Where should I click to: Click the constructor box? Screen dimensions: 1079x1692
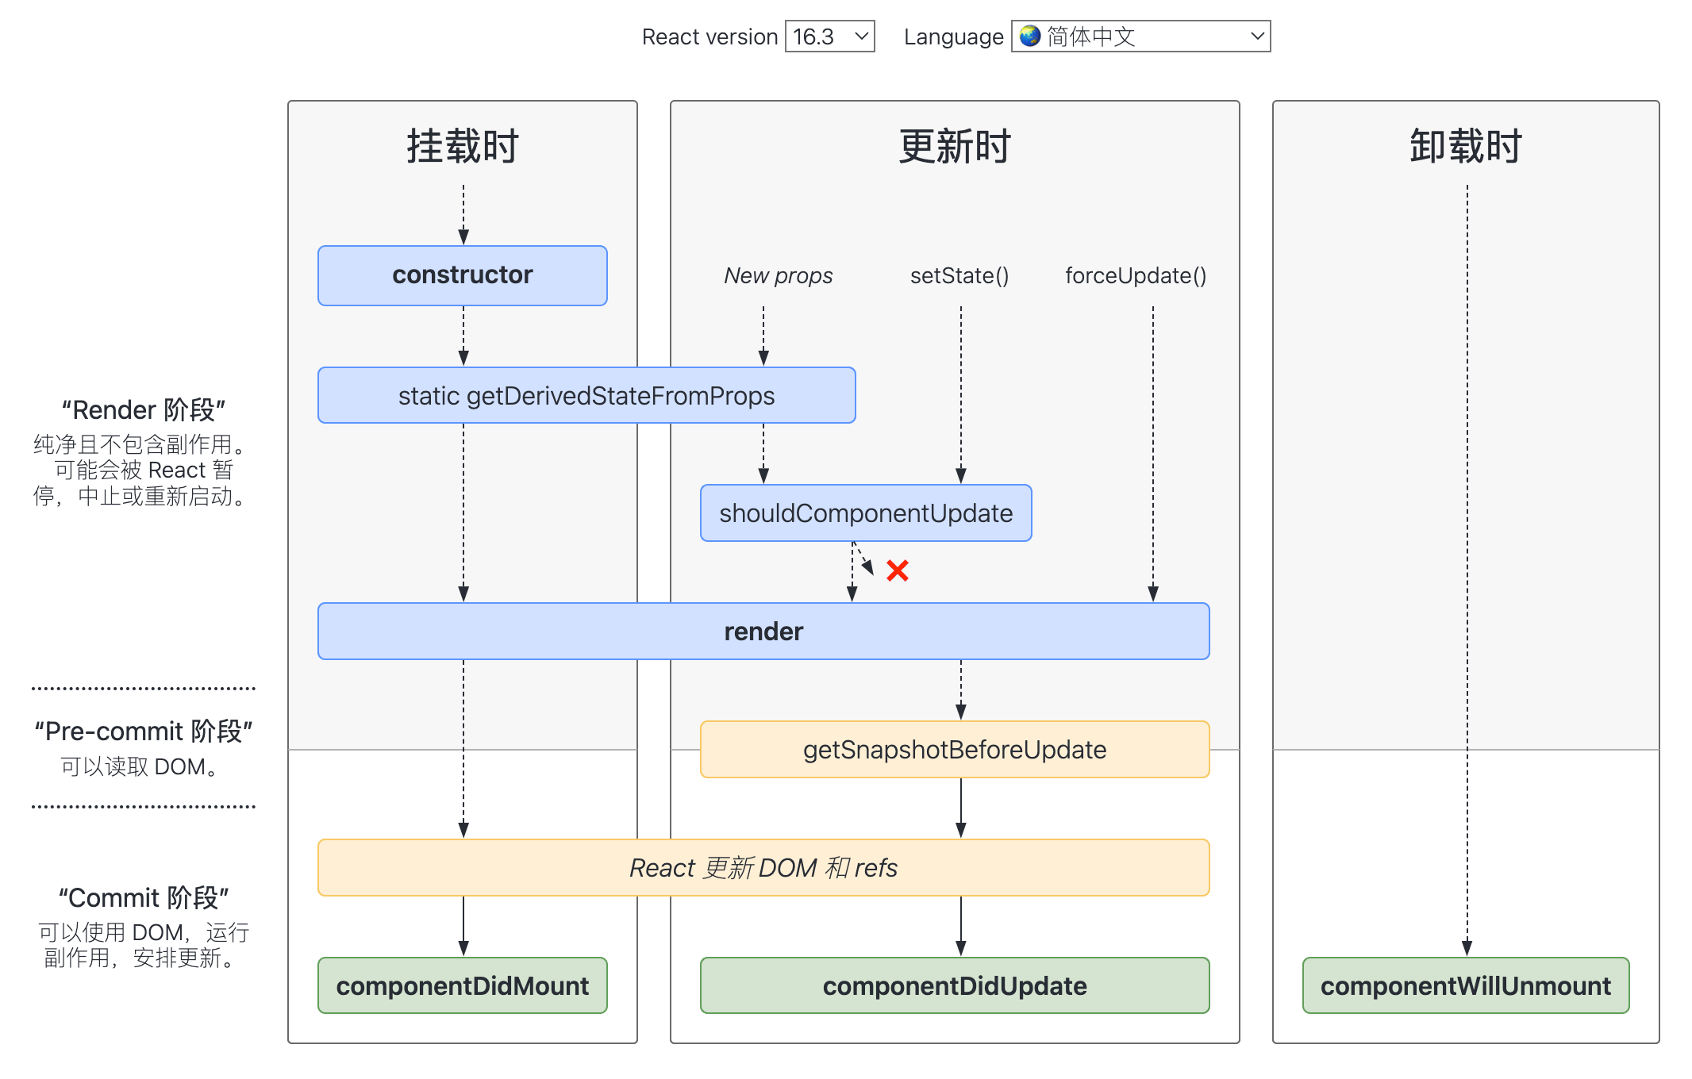pos(462,275)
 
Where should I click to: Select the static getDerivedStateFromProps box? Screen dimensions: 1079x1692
pos(586,395)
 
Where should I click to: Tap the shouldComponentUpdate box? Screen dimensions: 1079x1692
pos(865,513)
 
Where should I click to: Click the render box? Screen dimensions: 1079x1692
pos(763,632)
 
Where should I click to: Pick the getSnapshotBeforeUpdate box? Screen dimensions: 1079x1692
pos(954,750)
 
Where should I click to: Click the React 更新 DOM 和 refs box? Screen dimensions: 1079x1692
pos(763,868)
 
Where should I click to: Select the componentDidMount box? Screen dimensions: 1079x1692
pos(462,986)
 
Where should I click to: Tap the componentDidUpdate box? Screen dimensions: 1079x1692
pos(954,986)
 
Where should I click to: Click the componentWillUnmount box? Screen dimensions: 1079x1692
pos(1465,986)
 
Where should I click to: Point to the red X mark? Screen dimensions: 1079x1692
pos(898,570)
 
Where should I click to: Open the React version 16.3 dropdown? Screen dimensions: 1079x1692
pos(829,36)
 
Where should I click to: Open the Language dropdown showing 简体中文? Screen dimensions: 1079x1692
pos(1140,36)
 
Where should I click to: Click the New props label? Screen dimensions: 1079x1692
pos(778,276)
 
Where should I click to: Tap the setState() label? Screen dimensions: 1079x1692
pos(959,276)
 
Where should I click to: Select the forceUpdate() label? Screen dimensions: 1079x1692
pos(1135,276)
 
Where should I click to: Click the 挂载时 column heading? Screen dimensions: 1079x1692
pos(462,147)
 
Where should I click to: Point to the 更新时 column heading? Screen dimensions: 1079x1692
pos(954,147)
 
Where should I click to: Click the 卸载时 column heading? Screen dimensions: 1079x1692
pos(1465,147)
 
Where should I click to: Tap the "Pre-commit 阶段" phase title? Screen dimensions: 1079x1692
pos(144,731)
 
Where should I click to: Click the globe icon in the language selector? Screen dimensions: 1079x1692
pos(1030,36)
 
